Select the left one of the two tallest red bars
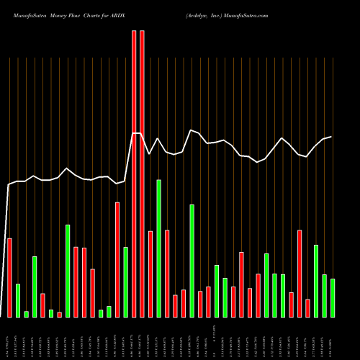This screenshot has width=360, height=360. click(134, 173)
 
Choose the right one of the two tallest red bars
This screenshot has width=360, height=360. click(142, 173)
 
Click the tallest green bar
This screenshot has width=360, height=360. click(158, 248)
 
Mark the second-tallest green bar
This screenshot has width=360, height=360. click(192, 261)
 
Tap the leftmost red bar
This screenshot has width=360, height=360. click(9, 277)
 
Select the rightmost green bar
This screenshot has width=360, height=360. click(333, 297)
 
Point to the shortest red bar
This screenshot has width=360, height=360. click(59, 314)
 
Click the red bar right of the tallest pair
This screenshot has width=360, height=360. click(150, 274)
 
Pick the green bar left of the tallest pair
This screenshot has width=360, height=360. click(125, 282)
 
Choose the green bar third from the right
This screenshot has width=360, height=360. click(316, 281)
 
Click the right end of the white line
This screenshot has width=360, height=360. click(331, 137)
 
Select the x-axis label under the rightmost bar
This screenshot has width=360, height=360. click(333, 336)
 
